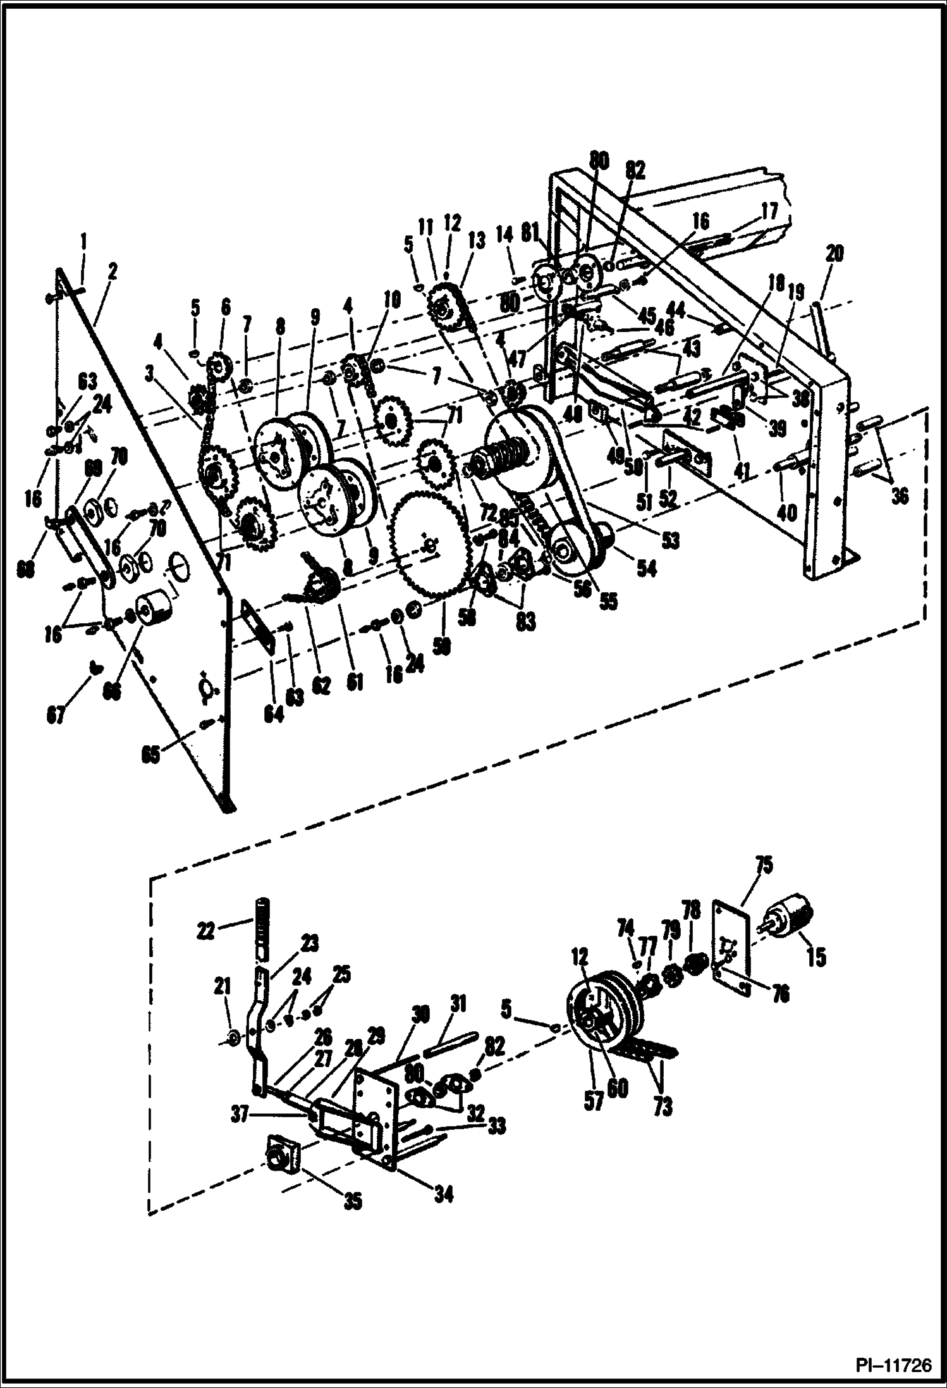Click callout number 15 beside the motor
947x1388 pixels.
tap(816, 957)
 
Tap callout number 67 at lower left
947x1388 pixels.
tap(56, 716)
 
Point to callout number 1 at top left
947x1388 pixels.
tap(83, 241)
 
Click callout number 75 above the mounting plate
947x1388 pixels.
tap(764, 865)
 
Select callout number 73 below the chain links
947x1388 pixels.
tap(663, 1106)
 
